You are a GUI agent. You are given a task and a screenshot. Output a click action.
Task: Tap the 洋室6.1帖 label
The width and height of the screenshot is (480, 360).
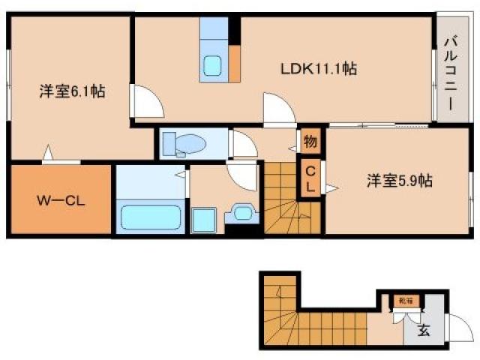click(72, 93)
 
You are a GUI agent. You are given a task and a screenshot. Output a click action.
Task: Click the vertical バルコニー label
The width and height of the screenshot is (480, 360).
click(450, 73)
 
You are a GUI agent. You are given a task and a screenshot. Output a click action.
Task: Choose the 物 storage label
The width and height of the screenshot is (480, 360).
click(309, 140)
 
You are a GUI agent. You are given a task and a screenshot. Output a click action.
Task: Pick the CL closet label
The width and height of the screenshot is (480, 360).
click(309, 178)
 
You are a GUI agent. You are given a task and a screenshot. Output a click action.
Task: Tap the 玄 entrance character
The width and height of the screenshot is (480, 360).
click(424, 328)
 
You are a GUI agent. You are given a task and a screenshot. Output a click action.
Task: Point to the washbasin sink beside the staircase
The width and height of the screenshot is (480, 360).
click(244, 213)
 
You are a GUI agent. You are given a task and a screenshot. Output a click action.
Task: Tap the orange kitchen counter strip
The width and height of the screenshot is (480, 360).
click(235, 63)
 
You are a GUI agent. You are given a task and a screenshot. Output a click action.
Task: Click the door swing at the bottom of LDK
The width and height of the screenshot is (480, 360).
click(279, 109)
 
